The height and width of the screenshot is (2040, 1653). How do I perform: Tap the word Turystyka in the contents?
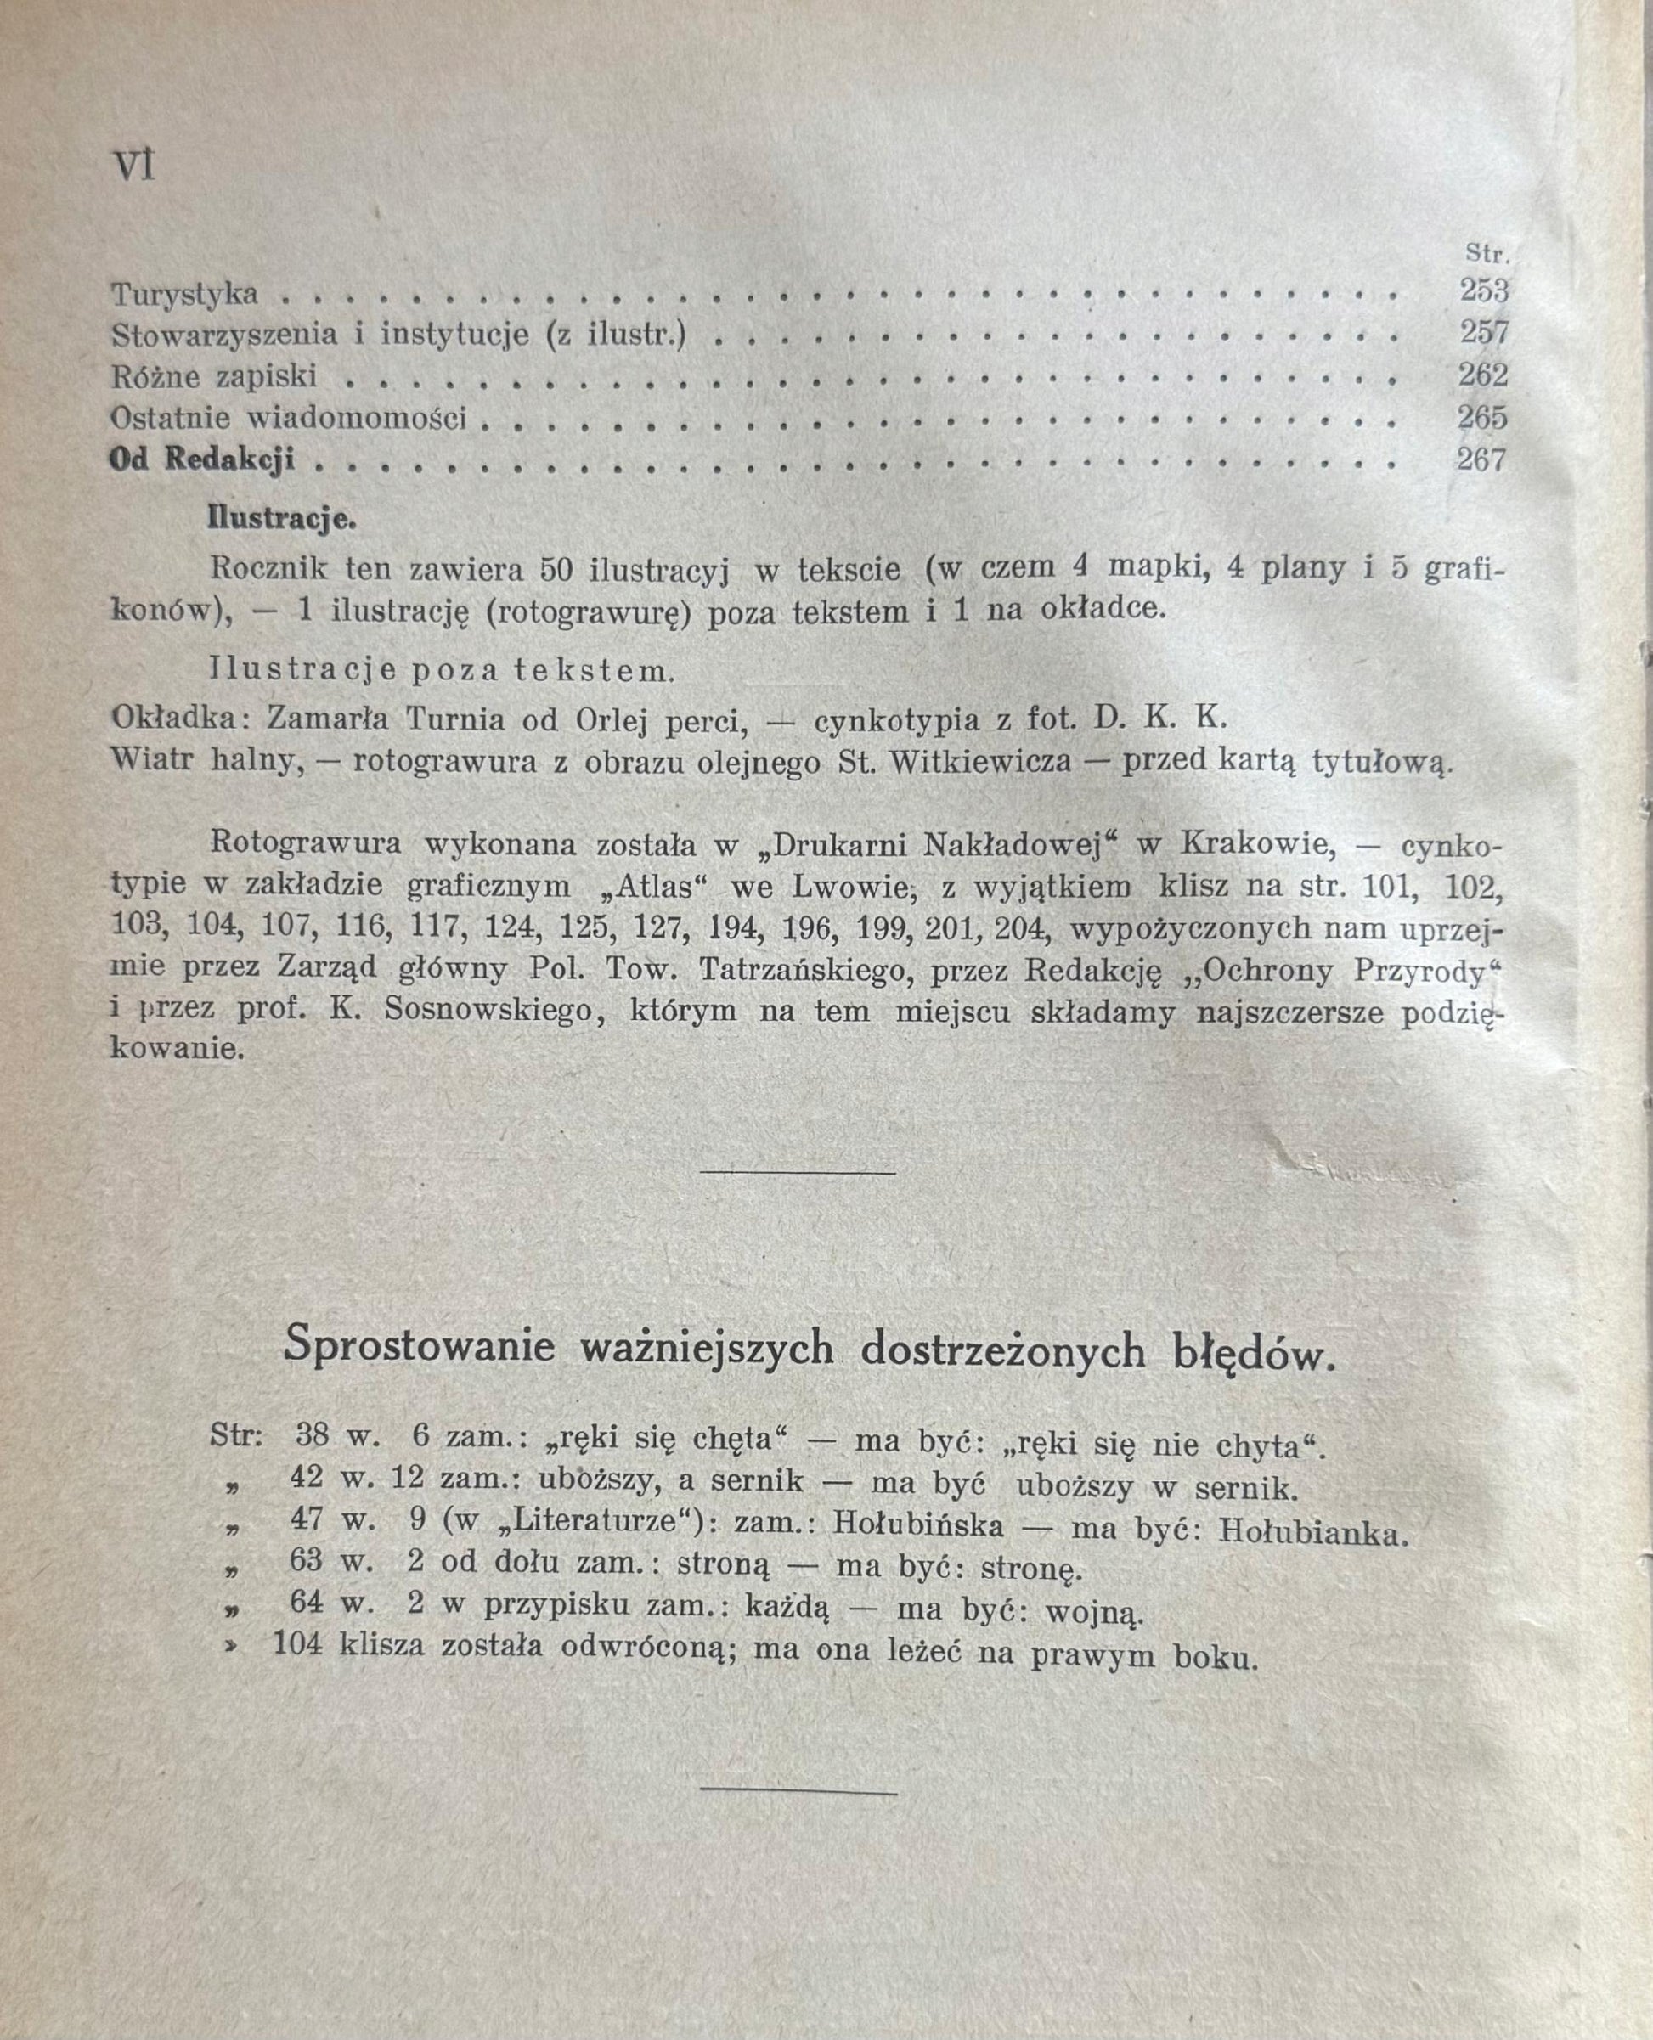point(184,294)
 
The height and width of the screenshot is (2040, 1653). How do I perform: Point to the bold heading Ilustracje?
point(282,520)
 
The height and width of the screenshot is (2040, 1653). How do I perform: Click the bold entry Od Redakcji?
point(202,460)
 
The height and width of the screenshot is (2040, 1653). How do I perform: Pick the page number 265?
point(1482,418)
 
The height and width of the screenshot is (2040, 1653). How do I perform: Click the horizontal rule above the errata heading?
point(798,1172)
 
